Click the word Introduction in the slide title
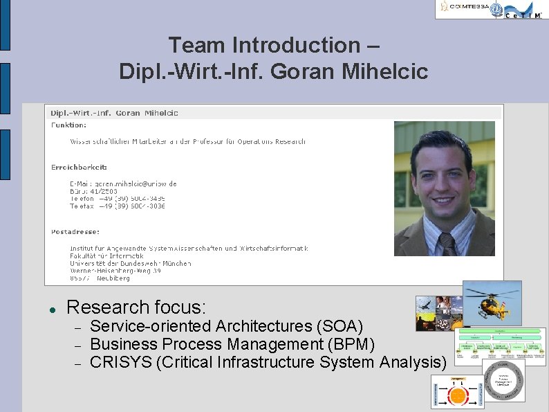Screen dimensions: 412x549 click(296, 46)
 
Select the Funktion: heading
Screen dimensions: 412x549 click(69, 125)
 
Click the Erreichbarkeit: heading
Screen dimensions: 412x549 click(80, 167)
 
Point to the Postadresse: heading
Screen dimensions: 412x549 click(75, 231)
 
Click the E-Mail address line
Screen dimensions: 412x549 click(123, 183)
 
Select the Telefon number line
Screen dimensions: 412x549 click(118, 198)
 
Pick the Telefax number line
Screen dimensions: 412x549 click(118, 206)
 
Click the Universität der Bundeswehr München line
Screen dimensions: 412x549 click(120, 263)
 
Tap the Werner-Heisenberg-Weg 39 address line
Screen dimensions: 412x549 click(115, 271)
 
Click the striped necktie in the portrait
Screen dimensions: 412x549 click(447, 244)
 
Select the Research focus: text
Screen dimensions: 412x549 click(136, 307)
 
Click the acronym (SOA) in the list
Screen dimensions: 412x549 click(339, 326)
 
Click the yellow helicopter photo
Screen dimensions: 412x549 click(492, 302)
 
